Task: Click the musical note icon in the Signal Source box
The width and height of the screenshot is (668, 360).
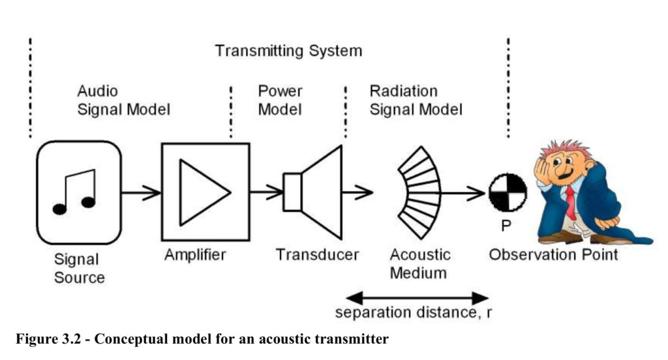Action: tap(74, 192)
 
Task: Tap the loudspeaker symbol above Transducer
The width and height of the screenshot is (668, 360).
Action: tap(312, 192)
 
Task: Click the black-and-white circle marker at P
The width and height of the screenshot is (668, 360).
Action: tap(508, 192)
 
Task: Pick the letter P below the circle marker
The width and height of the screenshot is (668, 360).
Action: tap(506, 226)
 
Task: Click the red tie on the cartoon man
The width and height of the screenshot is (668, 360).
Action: tap(570, 201)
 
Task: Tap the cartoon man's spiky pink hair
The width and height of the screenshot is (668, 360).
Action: tap(564, 149)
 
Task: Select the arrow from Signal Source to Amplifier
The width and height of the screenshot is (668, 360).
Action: tap(141, 192)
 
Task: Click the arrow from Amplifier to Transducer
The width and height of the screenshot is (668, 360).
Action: tap(266, 192)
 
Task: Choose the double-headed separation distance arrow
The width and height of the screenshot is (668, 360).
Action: tap(417, 297)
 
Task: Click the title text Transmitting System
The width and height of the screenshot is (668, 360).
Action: tap(288, 51)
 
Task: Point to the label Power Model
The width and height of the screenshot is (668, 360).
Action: tap(280, 100)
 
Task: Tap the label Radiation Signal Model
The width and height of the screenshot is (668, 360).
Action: tap(416, 100)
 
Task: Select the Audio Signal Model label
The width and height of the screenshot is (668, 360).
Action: tap(123, 100)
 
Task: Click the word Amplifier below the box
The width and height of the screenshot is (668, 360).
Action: tap(195, 255)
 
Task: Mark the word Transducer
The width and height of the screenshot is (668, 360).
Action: tap(318, 255)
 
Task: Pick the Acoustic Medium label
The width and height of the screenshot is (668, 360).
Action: tap(419, 263)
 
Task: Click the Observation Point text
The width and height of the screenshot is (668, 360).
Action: tap(553, 255)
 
